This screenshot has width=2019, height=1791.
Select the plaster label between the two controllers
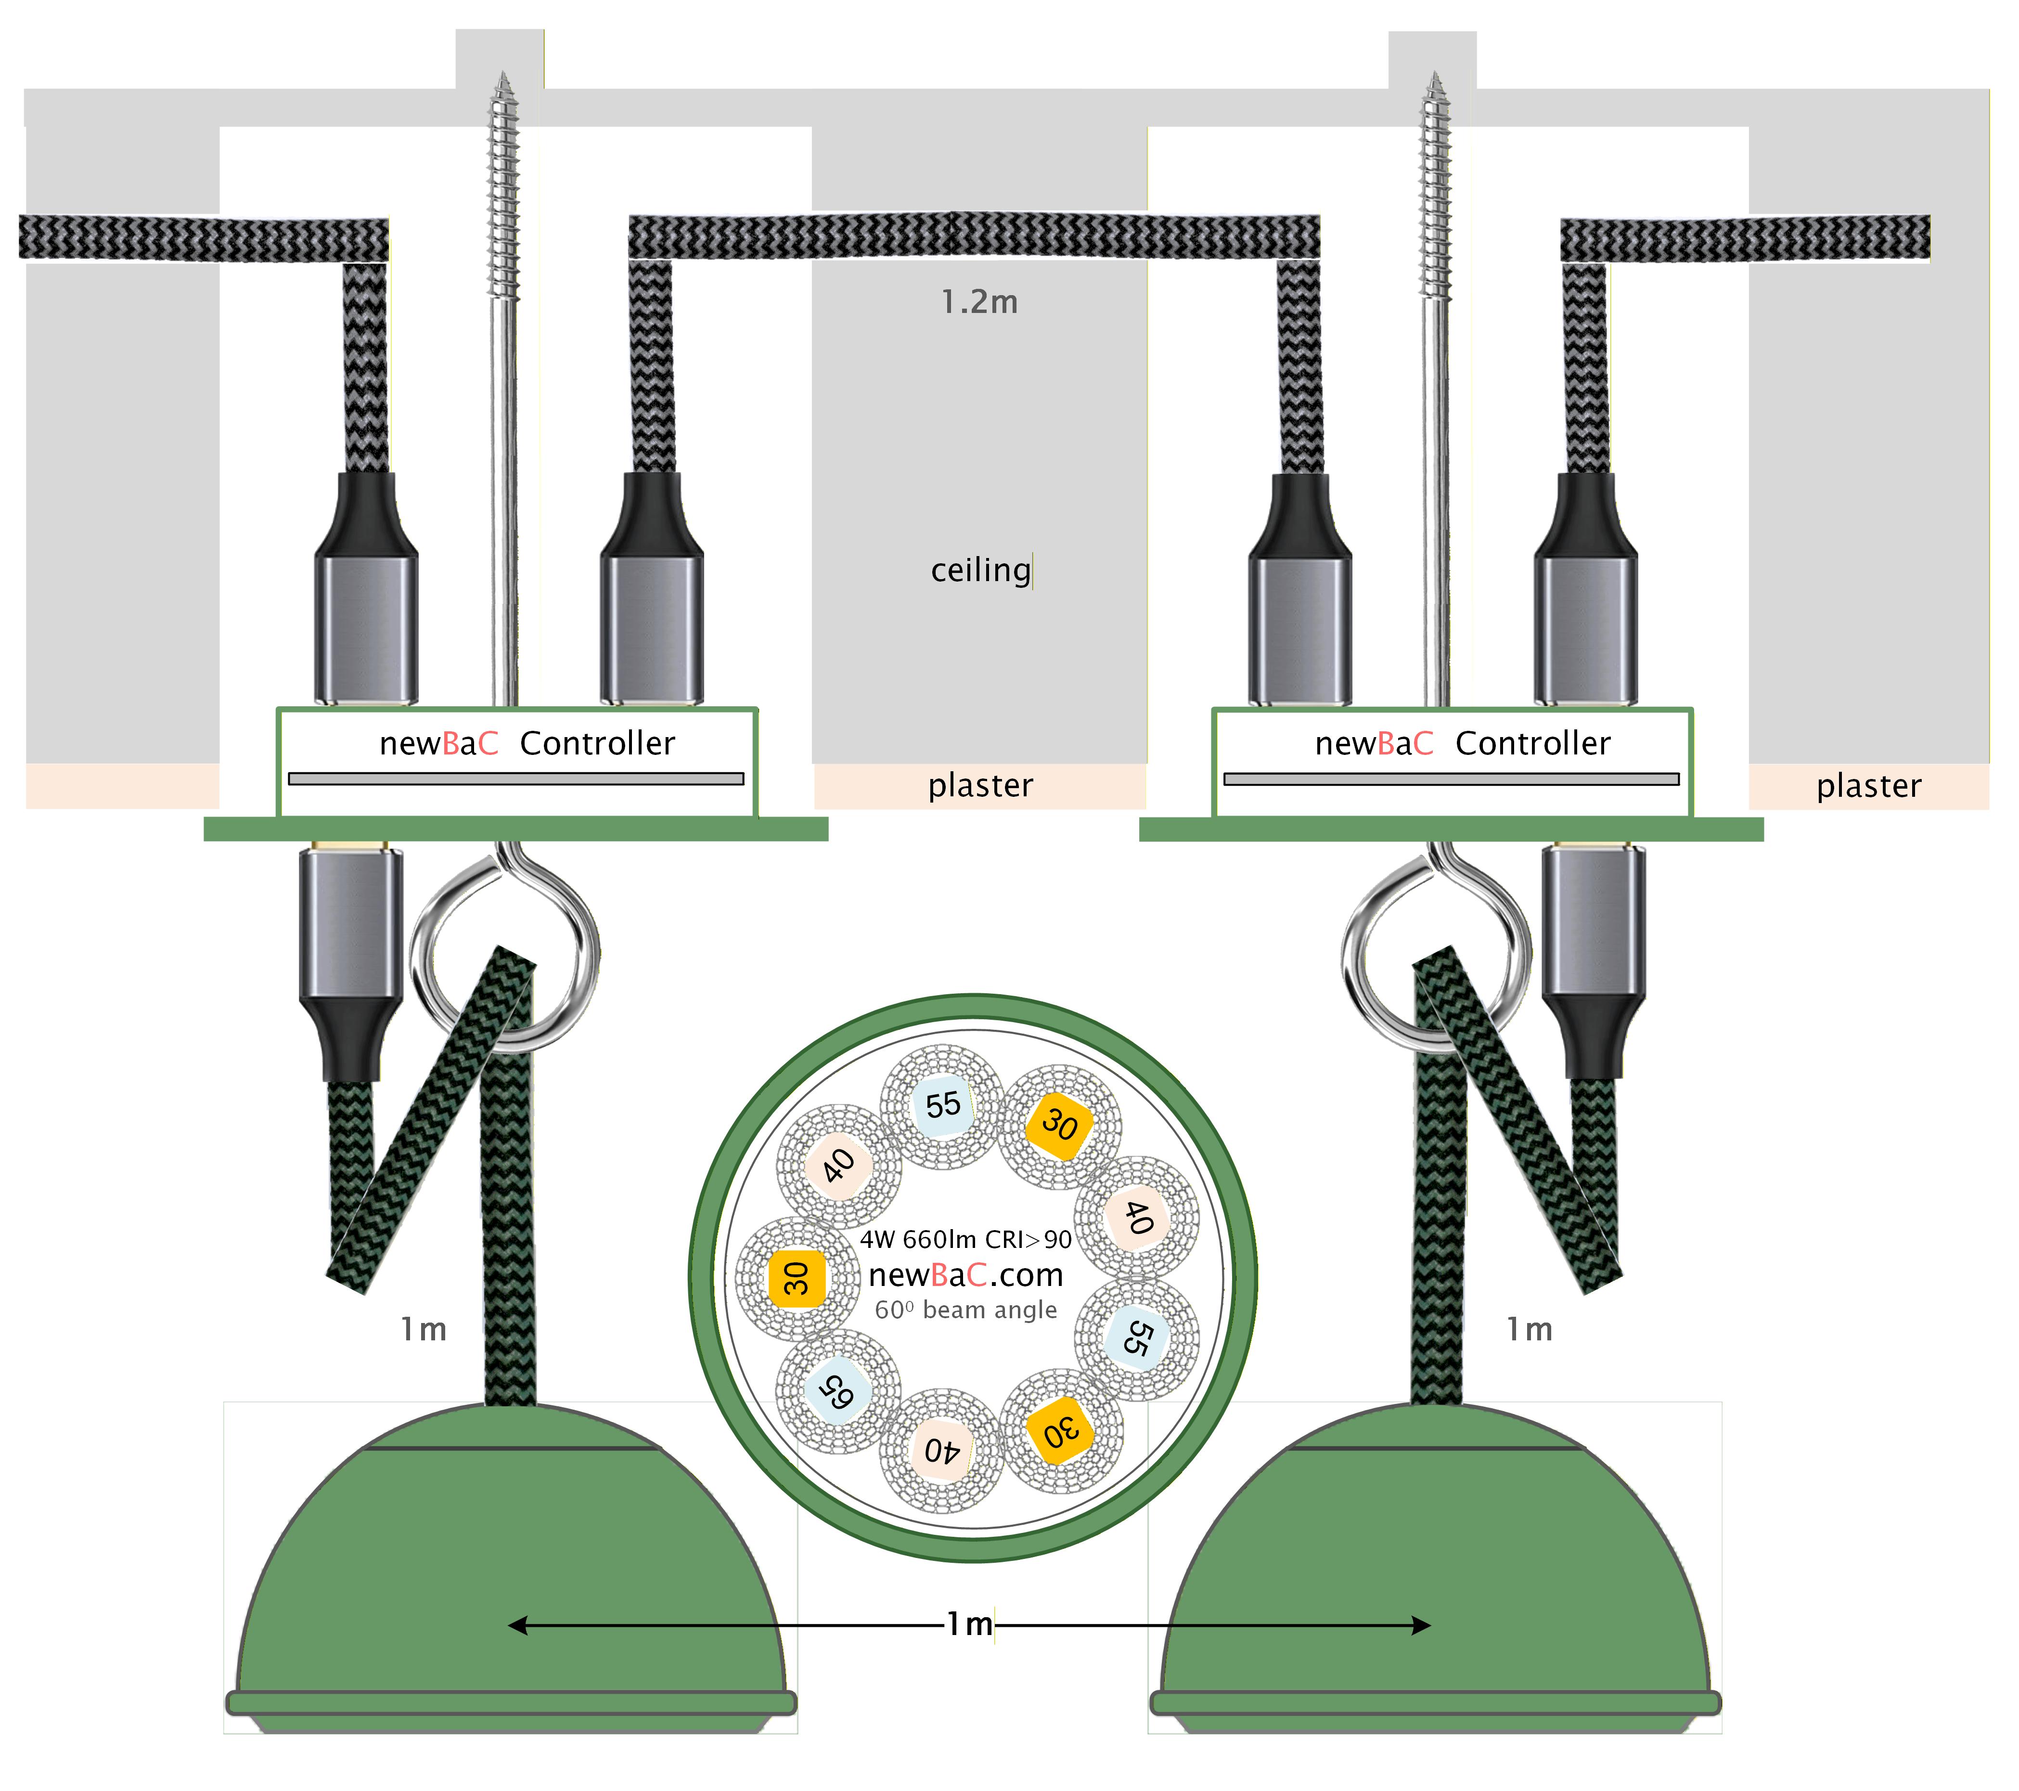point(980,785)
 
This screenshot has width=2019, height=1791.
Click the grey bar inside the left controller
point(515,779)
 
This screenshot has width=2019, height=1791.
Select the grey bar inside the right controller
point(1451,779)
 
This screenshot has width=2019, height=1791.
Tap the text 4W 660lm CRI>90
point(965,1240)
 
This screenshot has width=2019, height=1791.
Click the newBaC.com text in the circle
point(965,1275)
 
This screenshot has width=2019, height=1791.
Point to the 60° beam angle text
point(965,1310)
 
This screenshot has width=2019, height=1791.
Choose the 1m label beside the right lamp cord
point(1529,1330)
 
